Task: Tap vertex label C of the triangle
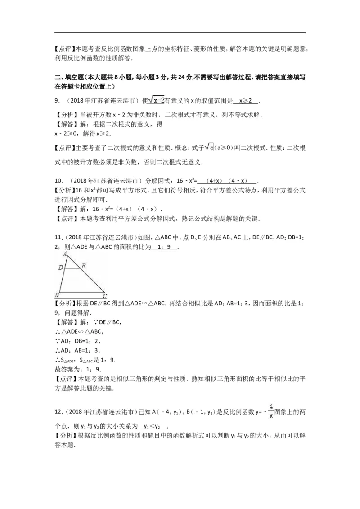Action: pos(104,296)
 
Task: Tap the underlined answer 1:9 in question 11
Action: pos(165,246)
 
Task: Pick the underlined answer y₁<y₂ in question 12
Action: pos(153,426)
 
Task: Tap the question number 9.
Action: pos(58,100)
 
